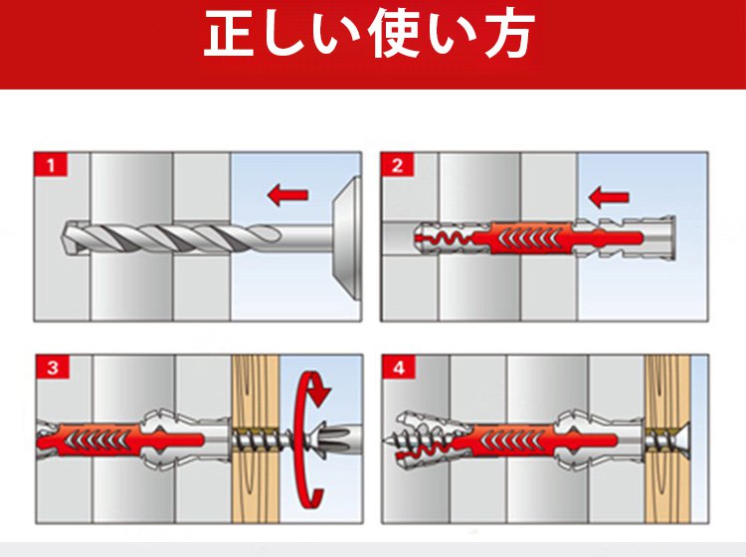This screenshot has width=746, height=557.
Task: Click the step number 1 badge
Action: click(51, 165)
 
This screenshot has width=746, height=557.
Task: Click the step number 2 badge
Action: click(397, 165)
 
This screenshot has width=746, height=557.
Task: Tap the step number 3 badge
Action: click(53, 367)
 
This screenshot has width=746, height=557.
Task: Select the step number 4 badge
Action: click(399, 367)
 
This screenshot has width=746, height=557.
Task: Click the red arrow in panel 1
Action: click(287, 195)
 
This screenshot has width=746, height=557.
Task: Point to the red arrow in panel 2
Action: click(609, 197)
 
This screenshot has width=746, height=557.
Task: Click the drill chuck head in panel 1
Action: click(346, 235)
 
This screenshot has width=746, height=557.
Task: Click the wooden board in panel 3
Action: click(256, 439)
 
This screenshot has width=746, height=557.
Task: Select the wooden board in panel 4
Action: click(667, 439)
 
